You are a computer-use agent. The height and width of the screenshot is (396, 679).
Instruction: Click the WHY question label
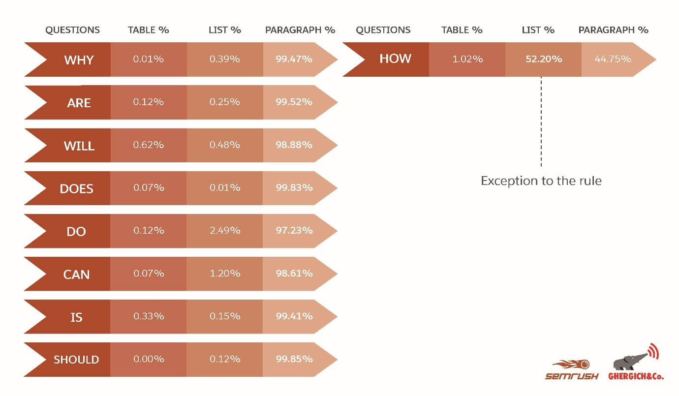pyautogui.click(x=79, y=60)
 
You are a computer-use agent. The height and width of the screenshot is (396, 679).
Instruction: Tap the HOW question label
pyautogui.click(x=395, y=59)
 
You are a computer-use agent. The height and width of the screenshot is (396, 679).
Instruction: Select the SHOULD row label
pyautogui.click(x=76, y=360)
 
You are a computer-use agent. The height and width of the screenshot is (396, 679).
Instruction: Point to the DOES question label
pyautogui.click(x=76, y=188)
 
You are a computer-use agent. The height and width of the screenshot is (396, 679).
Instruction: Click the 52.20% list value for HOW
pyautogui.click(x=543, y=59)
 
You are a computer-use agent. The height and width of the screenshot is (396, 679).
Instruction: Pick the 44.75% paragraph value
pyautogui.click(x=612, y=59)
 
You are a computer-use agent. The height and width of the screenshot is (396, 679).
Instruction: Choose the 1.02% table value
pyautogui.click(x=467, y=59)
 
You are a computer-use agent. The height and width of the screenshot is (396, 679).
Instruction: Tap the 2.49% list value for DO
pyautogui.click(x=225, y=230)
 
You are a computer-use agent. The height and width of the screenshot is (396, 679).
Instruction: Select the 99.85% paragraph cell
pyautogui.click(x=294, y=359)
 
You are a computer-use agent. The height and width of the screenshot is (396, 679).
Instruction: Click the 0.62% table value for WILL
pyautogui.click(x=149, y=145)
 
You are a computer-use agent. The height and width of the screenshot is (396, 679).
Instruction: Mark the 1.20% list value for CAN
pyautogui.click(x=225, y=274)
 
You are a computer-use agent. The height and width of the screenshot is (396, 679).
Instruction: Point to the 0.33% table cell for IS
pyautogui.click(x=149, y=316)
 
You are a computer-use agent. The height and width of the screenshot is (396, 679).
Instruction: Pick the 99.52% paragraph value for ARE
pyautogui.click(x=294, y=102)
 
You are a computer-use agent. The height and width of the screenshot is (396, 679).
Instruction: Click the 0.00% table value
pyautogui.click(x=149, y=359)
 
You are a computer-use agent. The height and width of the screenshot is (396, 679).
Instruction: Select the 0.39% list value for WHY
pyautogui.click(x=225, y=60)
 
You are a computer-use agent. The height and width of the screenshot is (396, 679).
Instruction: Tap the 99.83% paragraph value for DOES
pyautogui.click(x=294, y=188)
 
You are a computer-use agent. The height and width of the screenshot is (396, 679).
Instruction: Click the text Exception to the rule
pyautogui.click(x=541, y=181)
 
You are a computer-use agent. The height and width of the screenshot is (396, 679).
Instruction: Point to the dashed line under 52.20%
pyautogui.click(x=541, y=123)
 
